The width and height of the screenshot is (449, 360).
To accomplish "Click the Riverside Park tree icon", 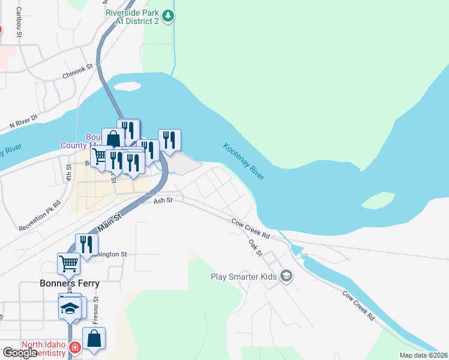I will [x=170, y=16].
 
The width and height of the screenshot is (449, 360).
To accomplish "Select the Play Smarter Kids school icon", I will [x=286, y=276].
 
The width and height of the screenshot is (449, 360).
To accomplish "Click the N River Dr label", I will [x=23, y=122].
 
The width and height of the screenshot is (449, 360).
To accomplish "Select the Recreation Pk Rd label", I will [x=40, y=215].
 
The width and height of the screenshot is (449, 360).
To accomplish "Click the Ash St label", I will [x=163, y=200].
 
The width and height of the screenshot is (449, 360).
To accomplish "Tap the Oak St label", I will [x=256, y=247].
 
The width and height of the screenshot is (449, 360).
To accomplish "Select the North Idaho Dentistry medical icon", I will [x=74, y=347].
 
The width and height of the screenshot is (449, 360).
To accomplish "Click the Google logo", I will [x=20, y=353].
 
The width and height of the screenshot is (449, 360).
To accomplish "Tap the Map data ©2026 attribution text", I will [x=423, y=355].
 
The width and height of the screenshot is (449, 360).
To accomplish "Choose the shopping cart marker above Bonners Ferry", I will [x=68, y=263].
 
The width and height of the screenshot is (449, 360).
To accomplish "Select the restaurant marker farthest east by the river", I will [x=169, y=140].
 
